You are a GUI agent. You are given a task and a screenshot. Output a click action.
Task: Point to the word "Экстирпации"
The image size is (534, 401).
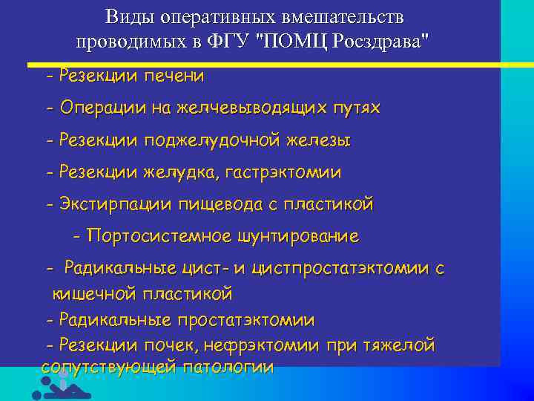(115, 204)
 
